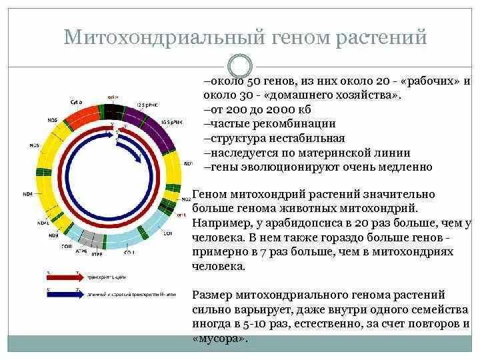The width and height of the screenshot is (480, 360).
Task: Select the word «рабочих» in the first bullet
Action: [x=423, y=81]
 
